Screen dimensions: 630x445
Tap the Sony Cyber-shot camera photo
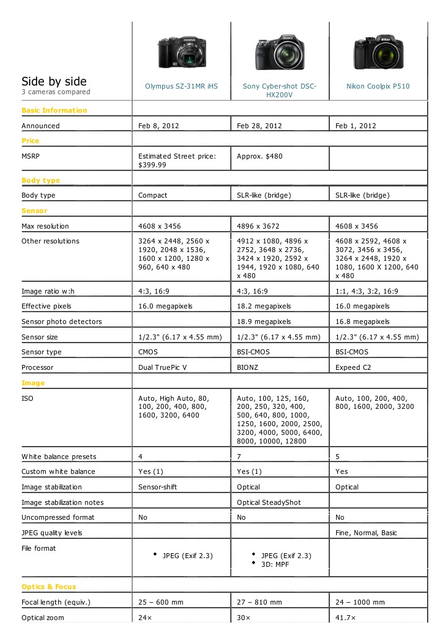click(280, 53)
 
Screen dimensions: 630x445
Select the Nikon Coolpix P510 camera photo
click(378, 53)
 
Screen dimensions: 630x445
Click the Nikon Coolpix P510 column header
click(378, 87)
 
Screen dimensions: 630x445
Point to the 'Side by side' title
click(54, 81)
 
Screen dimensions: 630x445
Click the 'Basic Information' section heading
click(54, 110)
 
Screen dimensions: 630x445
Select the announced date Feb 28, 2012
click(259, 126)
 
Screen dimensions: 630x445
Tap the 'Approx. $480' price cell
click(259, 156)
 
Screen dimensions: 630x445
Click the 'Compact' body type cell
click(153, 195)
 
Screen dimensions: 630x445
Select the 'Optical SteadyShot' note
click(269, 502)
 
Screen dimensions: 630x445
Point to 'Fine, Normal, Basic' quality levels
click(366, 533)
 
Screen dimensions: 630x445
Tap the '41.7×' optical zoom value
click(345, 618)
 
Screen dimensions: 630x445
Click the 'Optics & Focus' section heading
click(49, 586)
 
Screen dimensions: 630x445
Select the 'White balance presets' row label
click(59, 457)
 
